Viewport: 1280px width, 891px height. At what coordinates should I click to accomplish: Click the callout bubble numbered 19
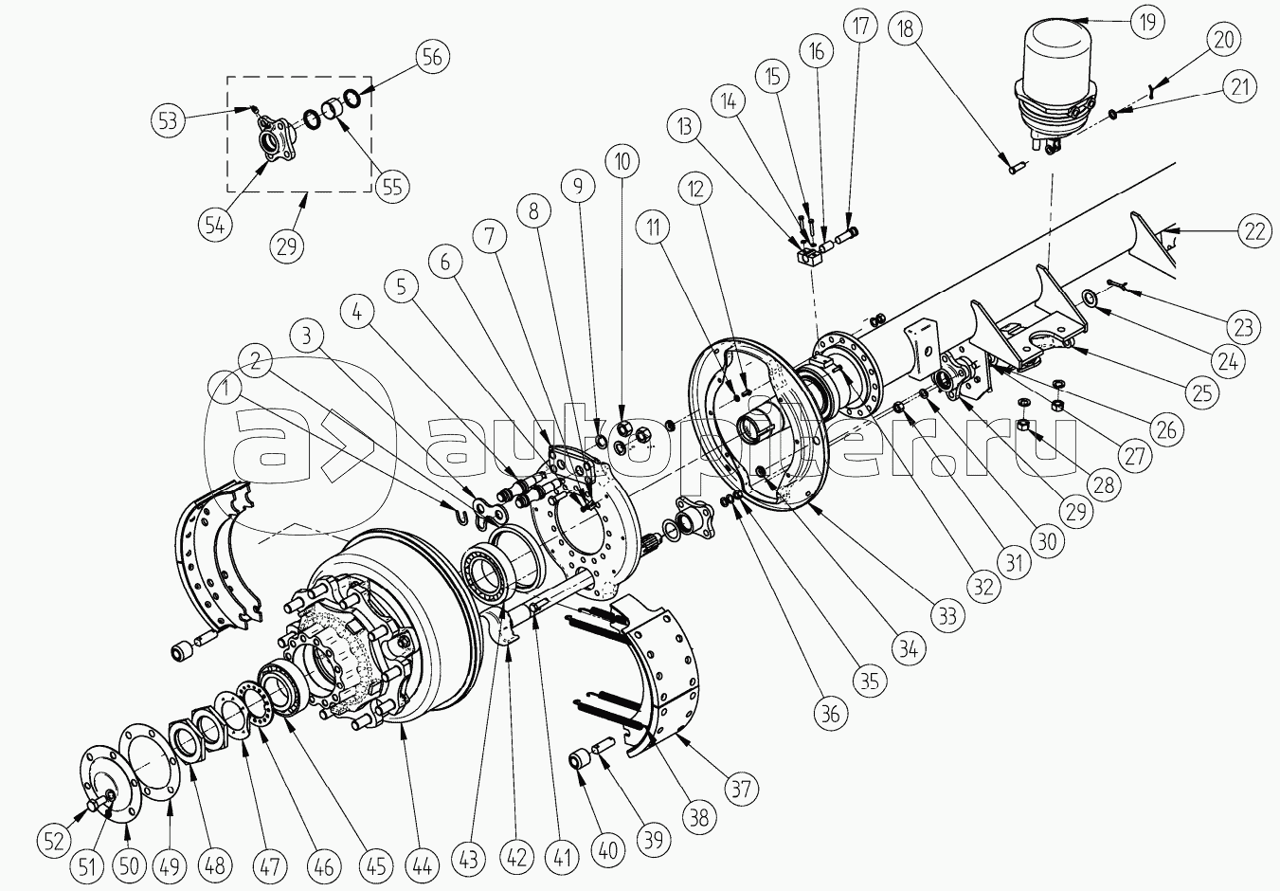click(1146, 22)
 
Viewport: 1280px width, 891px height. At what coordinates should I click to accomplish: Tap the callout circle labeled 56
click(433, 57)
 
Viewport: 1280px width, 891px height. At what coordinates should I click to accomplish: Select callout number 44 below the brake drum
click(422, 867)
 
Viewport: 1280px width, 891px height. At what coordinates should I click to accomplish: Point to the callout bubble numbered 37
click(741, 790)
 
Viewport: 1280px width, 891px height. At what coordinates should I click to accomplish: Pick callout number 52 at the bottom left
click(54, 840)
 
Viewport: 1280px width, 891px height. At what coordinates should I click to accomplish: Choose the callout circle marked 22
click(1254, 231)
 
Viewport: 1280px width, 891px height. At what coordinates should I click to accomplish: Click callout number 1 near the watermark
click(226, 390)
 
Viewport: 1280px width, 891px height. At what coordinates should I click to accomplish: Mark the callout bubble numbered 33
click(947, 616)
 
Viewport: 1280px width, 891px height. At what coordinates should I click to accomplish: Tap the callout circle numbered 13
click(685, 127)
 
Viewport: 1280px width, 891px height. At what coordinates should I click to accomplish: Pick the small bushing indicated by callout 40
click(580, 762)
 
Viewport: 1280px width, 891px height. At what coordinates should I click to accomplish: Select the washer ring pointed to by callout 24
click(1091, 299)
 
